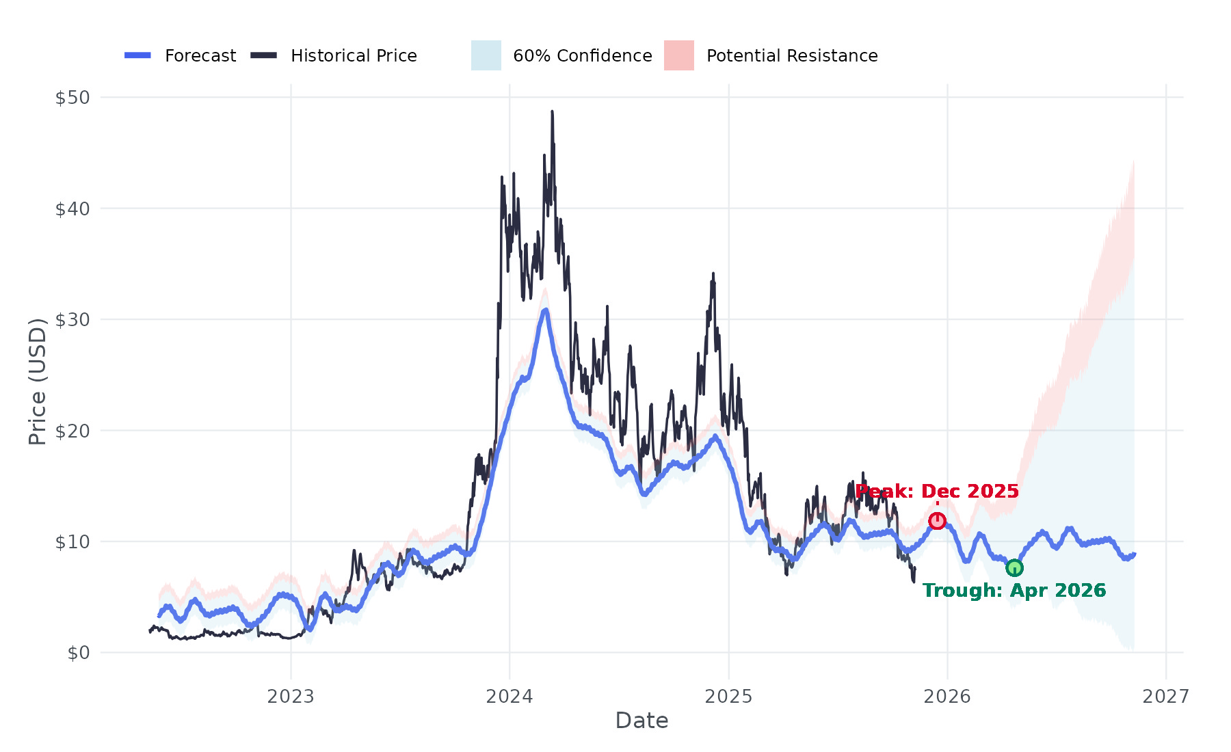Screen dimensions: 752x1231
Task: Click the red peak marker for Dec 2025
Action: click(x=937, y=521)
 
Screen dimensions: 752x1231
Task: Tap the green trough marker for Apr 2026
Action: click(x=1014, y=568)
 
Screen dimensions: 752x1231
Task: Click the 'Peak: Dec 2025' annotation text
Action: click(x=937, y=492)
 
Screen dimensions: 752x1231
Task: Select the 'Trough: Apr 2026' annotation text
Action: click(x=1014, y=591)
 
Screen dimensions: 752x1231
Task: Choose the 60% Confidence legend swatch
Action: click(x=486, y=55)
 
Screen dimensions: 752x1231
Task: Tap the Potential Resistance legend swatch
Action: click(x=679, y=55)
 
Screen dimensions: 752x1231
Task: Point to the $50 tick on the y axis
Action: click(x=72, y=98)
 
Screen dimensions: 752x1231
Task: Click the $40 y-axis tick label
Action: click(x=72, y=209)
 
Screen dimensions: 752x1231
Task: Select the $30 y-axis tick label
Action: click(x=72, y=320)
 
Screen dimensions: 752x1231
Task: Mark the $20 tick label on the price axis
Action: click(x=72, y=431)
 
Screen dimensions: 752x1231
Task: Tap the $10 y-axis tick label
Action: click(x=72, y=542)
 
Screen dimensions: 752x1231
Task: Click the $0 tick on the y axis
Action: click(x=79, y=653)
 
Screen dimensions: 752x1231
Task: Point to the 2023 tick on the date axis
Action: click(x=291, y=697)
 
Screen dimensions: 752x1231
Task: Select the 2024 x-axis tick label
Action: click(x=509, y=697)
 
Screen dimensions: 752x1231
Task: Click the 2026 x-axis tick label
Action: click(x=947, y=697)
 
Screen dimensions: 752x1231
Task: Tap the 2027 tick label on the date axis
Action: click(x=1166, y=697)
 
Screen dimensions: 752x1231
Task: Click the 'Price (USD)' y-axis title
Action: click(x=38, y=381)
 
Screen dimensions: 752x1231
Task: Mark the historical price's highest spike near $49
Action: click(x=552, y=112)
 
